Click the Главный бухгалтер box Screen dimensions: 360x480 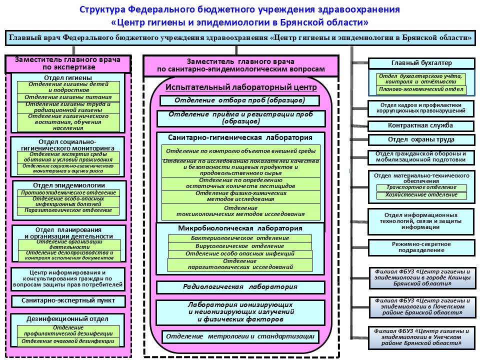[x=421, y=63]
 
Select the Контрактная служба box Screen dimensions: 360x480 [x=421, y=125]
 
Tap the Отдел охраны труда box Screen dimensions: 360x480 [x=421, y=139]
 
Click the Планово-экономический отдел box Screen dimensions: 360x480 [x=421, y=90]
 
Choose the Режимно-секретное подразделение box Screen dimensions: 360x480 [x=421, y=246]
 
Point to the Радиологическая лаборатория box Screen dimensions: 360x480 [x=240, y=287]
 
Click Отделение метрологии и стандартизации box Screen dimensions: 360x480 [x=240, y=336]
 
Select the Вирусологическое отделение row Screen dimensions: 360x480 [x=240, y=246]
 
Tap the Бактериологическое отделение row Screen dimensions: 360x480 [x=240, y=238]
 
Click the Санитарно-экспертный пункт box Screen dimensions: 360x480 [x=68, y=301]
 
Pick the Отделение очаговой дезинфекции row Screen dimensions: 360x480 [x=68, y=341]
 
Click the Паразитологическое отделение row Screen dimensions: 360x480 [x=68, y=210]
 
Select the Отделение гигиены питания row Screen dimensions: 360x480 [x=68, y=97]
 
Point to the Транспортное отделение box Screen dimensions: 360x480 [x=421, y=188]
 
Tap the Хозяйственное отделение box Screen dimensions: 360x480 [x=421, y=195]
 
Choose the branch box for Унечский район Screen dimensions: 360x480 [x=421, y=337]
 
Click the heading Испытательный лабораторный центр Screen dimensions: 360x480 [x=241, y=87]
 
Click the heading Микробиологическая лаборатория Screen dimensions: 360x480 [x=240, y=228]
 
